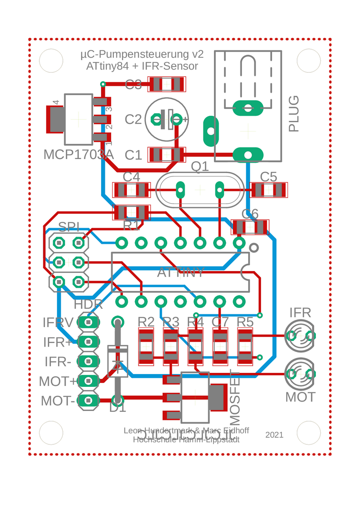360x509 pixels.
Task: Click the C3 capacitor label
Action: point(133,85)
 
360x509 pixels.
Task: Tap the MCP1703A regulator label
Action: point(79,155)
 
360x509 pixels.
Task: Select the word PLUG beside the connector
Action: point(294,114)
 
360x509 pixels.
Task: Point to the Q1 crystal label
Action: point(200,167)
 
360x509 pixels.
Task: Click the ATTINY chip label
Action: point(181,272)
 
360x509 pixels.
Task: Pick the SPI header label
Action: point(69,227)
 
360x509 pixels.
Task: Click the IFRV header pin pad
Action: point(88,322)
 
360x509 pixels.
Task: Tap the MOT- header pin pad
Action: point(88,400)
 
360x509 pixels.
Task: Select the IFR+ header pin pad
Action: point(88,341)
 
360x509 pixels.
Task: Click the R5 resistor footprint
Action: point(245,347)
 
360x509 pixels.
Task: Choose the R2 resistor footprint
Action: point(146,347)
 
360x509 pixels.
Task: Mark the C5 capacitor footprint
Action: point(269,190)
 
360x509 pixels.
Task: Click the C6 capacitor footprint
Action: point(250,228)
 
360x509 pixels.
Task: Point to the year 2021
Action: point(274,435)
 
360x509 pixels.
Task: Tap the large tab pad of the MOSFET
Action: point(217,397)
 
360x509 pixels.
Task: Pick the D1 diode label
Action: point(118,408)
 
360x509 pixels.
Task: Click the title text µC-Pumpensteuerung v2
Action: point(142,55)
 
